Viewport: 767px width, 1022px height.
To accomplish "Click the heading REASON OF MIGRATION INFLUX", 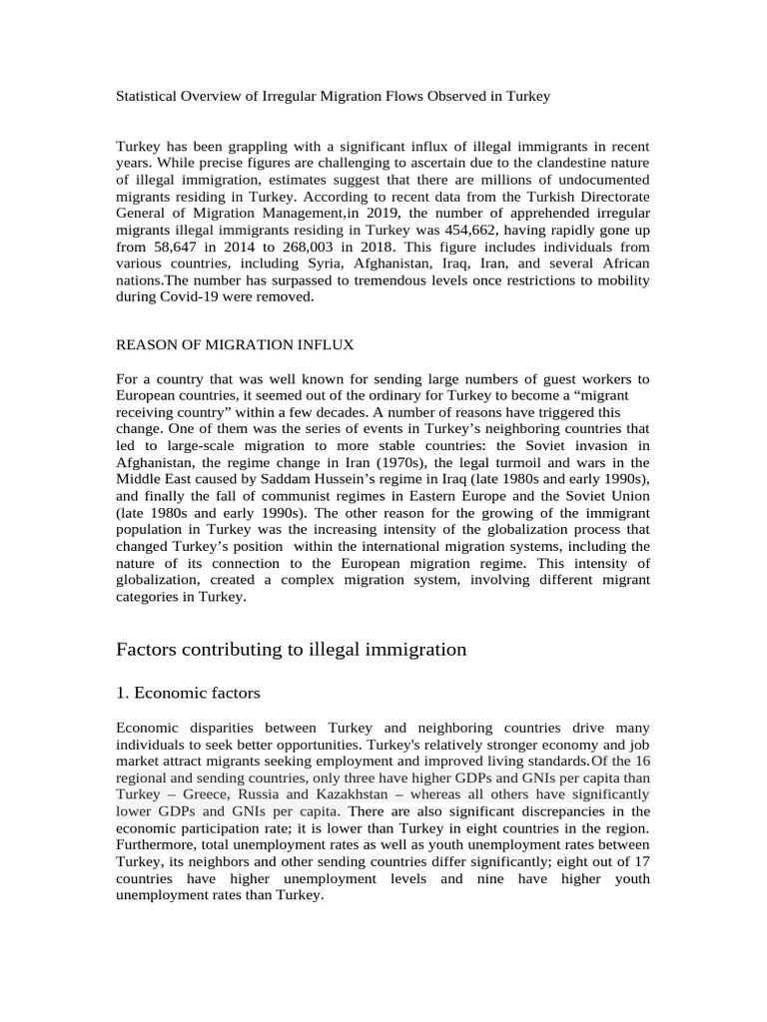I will [x=235, y=344].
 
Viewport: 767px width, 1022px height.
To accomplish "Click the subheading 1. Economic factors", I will [x=189, y=692].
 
